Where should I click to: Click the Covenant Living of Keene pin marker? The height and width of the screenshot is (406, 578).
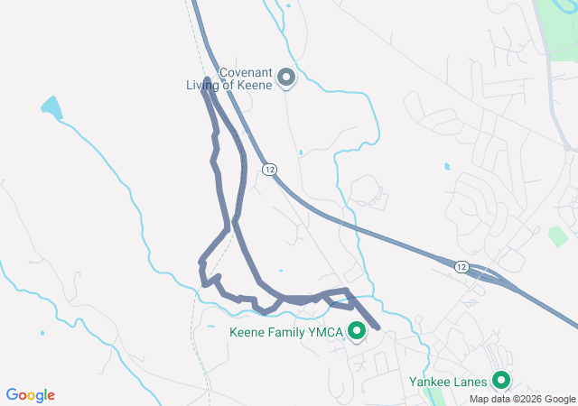click(x=286, y=78)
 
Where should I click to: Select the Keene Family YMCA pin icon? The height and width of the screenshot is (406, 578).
click(x=356, y=332)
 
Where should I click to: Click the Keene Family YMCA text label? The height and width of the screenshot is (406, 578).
click(x=286, y=333)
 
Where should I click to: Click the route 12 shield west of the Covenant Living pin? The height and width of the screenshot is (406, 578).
click(x=269, y=170)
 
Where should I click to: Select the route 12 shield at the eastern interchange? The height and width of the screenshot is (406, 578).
click(x=461, y=266)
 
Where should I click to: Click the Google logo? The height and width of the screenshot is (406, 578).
click(x=31, y=395)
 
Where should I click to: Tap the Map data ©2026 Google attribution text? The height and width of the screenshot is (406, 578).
click(x=521, y=399)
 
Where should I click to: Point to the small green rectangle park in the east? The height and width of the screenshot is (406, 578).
click(x=557, y=236)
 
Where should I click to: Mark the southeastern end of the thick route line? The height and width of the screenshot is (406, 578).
click(x=377, y=327)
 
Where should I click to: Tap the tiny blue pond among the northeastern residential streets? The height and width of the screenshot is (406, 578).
click(x=447, y=166)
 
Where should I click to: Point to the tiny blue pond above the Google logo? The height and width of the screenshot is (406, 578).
click(x=42, y=332)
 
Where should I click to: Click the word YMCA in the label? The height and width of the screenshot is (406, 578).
click(x=327, y=333)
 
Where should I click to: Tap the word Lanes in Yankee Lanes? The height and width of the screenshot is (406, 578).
click(x=468, y=382)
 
